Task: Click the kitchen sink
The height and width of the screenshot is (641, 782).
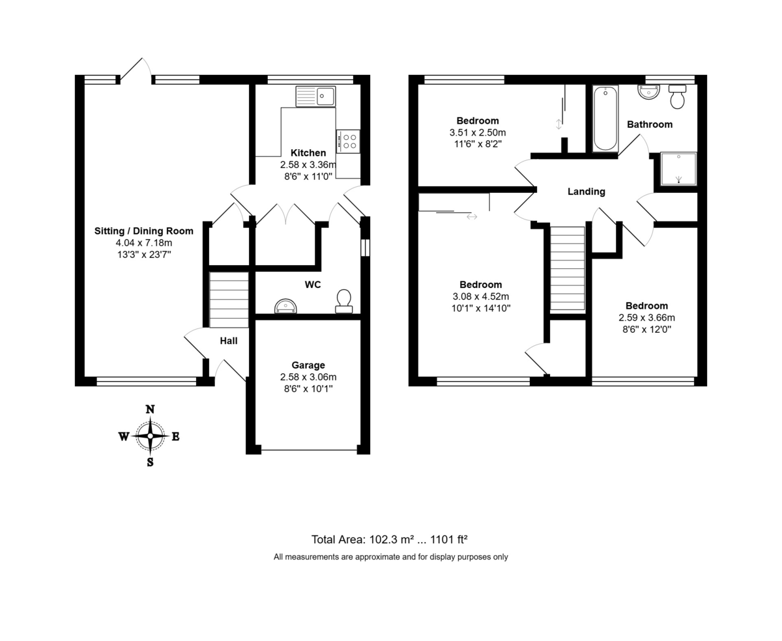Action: tap(315, 96)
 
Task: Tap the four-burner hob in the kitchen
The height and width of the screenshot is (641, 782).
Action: tap(348, 141)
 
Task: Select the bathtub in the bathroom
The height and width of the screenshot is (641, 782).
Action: tap(605, 119)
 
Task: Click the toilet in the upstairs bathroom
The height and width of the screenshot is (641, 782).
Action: tap(678, 97)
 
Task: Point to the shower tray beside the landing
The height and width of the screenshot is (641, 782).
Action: tap(678, 169)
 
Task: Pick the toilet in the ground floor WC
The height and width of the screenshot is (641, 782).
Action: tap(343, 302)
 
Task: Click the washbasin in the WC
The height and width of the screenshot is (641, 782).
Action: tap(285, 306)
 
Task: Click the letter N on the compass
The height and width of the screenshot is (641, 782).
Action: tap(150, 409)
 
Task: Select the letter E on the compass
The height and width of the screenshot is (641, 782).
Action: tap(176, 436)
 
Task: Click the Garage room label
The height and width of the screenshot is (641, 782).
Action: tap(308, 365)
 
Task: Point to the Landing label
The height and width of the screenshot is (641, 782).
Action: tap(586, 192)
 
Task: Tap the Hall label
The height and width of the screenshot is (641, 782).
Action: tap(229, 341)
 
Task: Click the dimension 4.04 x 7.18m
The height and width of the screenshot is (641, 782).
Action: tap(144, 243)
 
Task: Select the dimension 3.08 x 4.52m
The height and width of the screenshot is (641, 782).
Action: tap(480, 296)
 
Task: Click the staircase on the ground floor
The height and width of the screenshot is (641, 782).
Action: tap(229, 300)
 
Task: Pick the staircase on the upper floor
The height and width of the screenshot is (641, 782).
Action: tap(568, 268)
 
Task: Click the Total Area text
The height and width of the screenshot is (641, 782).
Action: tap(389, 539)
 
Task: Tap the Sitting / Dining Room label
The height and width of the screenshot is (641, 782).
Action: tap(144, 231)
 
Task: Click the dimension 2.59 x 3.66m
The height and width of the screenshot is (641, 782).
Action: tap(646, 318)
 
